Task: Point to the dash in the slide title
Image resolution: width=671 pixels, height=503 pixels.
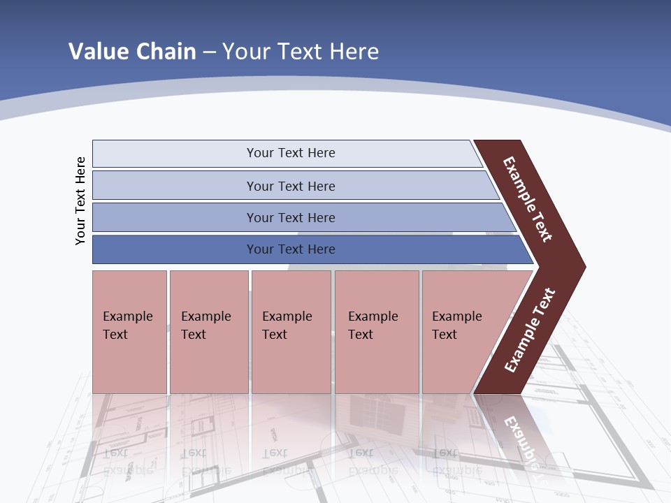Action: point(209,52)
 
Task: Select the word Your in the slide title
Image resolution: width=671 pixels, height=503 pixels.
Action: point(245,51)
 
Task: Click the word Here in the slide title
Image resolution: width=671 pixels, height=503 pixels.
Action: point(354,51)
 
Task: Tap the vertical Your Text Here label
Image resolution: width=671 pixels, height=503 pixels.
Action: point(80,201)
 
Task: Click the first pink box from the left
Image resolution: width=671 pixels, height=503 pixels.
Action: point(129,332)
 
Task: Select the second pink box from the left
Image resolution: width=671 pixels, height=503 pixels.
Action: point(208,332)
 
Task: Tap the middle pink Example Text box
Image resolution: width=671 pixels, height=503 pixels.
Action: point(291,332)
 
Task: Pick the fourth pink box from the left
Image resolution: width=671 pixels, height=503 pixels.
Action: point(377,332)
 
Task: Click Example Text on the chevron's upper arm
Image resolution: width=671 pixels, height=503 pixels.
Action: point(528,199)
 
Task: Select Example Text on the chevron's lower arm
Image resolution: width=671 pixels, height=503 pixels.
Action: point(529,330)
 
